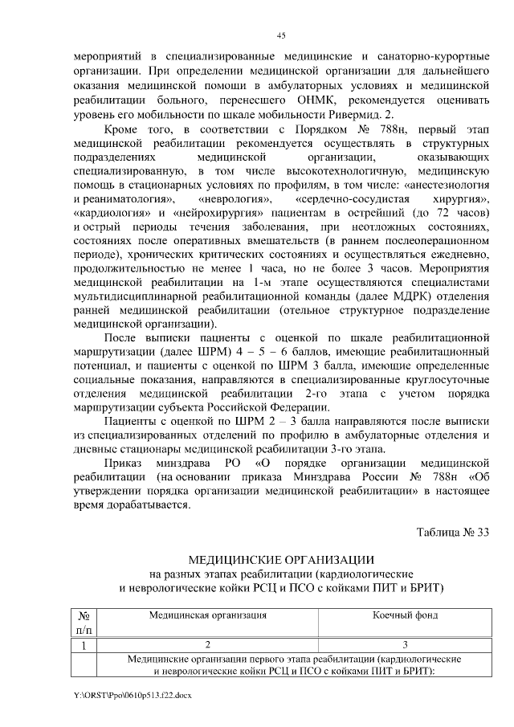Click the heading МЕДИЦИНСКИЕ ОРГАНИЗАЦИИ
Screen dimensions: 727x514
(281, 560)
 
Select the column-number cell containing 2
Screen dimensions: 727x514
(207, 644)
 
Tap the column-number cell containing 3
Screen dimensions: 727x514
(405, 644)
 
